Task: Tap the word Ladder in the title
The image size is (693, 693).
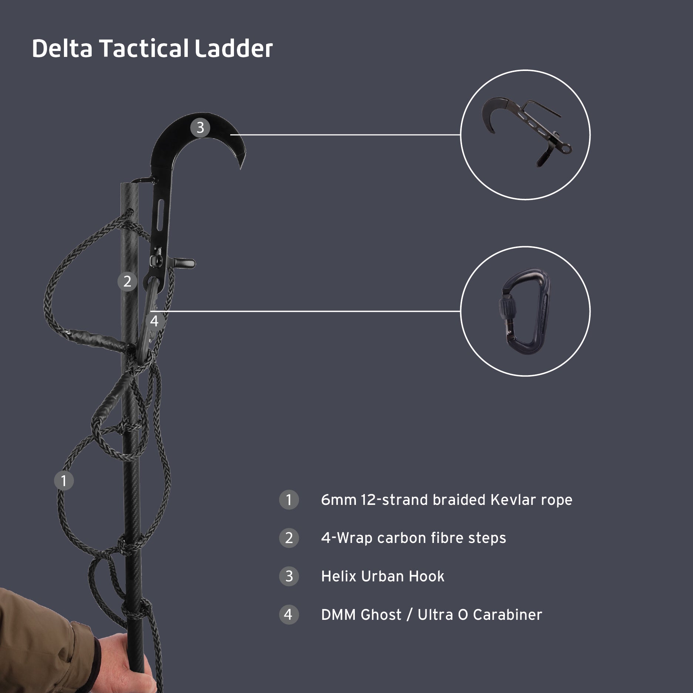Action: coord(234,48)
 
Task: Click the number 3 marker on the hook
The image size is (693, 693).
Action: coord(200,128)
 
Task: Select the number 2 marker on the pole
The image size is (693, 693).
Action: coord(127,282)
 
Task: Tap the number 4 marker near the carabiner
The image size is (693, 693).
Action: coord(154,321)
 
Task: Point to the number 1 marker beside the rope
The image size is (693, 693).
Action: coord(64,480)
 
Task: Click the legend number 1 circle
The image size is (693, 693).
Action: coord(289,500)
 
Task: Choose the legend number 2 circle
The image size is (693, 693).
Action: coord(289,538)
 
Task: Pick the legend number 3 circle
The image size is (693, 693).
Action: coord(289,576)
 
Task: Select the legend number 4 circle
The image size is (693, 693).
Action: coord(289,615)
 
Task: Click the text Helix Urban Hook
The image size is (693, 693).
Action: coord(383,576)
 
